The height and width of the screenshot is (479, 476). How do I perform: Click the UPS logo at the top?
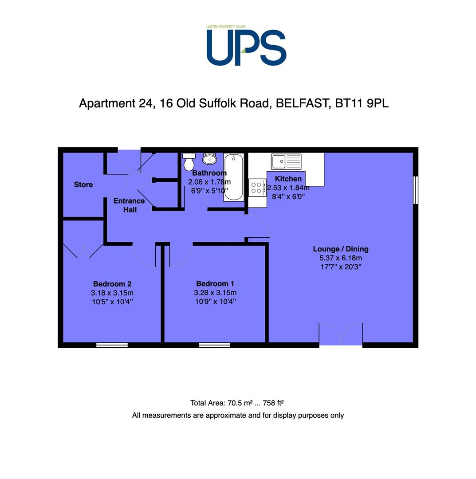coord(246,46)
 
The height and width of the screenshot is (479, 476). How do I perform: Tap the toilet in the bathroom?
coord(189,161)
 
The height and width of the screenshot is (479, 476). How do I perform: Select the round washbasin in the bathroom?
coord(209,158)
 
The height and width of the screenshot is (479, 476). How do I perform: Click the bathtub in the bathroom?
coord(234,177)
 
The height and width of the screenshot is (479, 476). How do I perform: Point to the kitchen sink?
coord(286,161)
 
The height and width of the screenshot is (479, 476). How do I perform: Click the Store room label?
coord(83,185)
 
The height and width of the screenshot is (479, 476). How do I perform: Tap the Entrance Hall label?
coord(129,205)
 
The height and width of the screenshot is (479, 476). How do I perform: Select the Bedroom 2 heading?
coord(112,284)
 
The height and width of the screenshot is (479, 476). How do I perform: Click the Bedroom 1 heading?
coord(215,283)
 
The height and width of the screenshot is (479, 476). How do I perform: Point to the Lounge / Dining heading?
coord(341,249)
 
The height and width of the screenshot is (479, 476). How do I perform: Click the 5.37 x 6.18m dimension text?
coord(341,258)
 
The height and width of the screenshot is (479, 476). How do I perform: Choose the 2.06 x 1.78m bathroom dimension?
coord(209,182)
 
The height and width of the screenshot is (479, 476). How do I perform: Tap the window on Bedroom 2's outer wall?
coord(112,345)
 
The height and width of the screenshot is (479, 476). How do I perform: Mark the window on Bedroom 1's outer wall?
coord(214,345)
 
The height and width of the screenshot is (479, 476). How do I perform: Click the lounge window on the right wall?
coord(416,190)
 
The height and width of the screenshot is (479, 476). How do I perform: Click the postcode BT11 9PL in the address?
coord(362,103)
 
